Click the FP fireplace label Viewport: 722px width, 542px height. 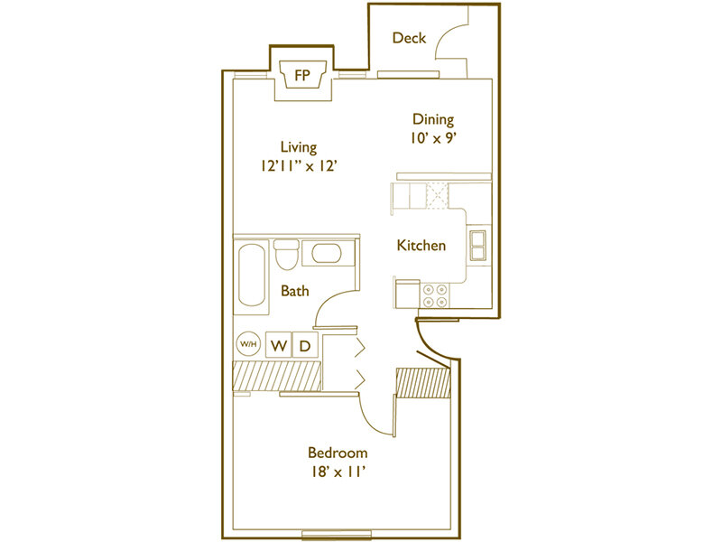click(302, 75)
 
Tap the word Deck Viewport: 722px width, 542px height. click(409, 38)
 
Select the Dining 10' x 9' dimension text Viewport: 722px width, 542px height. click(433, 138)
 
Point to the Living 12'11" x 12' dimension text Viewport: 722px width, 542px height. click(300, 166)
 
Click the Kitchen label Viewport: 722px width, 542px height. click(421, 245)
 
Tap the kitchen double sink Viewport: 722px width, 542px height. click(477, 246)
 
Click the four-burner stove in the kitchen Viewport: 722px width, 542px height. click(435, 296)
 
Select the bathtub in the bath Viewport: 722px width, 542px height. click(252, 276)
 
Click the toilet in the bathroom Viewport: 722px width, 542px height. click(286, 255)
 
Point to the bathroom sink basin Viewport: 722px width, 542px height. click(327, 254)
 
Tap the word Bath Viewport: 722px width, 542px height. click(295, 291)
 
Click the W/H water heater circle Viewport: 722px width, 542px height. click(248, 344)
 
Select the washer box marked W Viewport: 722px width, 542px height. click(279, 345)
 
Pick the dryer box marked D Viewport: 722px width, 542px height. click(305, 345)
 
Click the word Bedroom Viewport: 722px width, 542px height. click(338, 453)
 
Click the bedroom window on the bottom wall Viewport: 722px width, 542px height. click(336, 535)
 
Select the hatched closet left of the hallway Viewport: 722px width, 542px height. click(277, 376)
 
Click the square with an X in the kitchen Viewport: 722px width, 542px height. click(437, 196)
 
